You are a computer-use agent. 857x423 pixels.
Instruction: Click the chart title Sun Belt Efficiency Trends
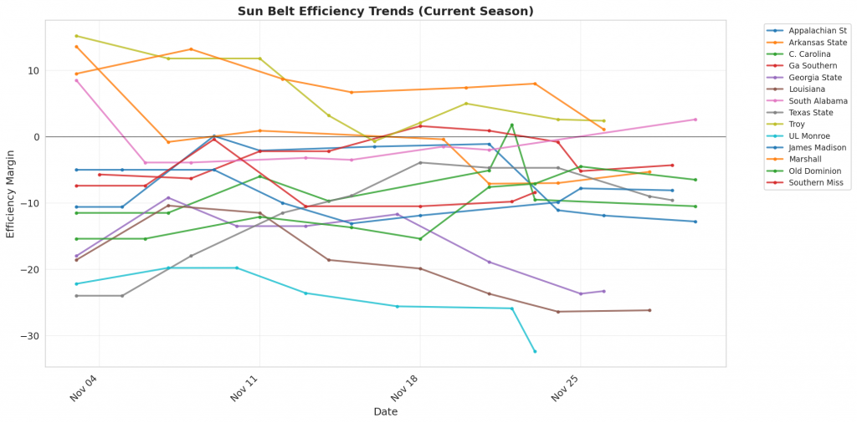(x=385, y=11)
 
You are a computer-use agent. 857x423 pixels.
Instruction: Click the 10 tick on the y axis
(x=33, y=70)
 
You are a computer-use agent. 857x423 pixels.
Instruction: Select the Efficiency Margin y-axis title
(x=11, y=194)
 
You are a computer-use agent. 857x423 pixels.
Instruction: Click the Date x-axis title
(x=385, y=412)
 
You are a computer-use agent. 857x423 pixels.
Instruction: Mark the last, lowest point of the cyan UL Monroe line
(x=535, y=351)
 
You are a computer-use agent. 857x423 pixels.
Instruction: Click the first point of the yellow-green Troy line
(x=76, y=36)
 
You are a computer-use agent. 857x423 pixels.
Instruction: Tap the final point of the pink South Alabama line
(x=695, y=120)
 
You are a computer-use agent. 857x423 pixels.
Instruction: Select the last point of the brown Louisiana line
(x=649, y=310)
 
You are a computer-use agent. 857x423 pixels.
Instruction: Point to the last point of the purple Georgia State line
(x=603, y=291)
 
